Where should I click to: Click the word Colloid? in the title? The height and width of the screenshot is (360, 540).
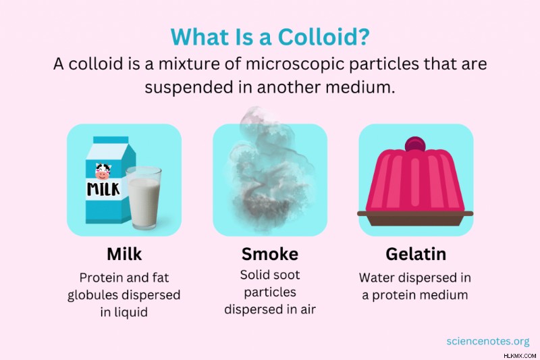point(323,36)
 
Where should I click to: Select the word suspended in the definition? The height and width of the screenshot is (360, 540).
point(188,87)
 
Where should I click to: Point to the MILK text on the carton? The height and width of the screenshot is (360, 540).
point(103,189)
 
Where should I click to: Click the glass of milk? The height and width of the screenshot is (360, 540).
point(143,198)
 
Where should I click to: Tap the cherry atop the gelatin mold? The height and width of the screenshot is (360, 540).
point(415,145)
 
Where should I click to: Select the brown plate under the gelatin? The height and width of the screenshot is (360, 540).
point(415,218)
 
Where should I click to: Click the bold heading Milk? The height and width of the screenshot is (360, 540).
point(124,254)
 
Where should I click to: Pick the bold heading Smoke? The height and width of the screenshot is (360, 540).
point(270,254)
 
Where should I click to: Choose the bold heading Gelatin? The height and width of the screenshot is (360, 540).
point(416,254)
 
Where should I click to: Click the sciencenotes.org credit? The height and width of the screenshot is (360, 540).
point(487,341)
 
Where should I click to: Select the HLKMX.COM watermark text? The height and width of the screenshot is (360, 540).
point(520,356)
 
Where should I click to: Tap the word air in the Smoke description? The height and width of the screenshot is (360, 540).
point(308,309)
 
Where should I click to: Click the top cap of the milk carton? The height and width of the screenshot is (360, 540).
point(111,140)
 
